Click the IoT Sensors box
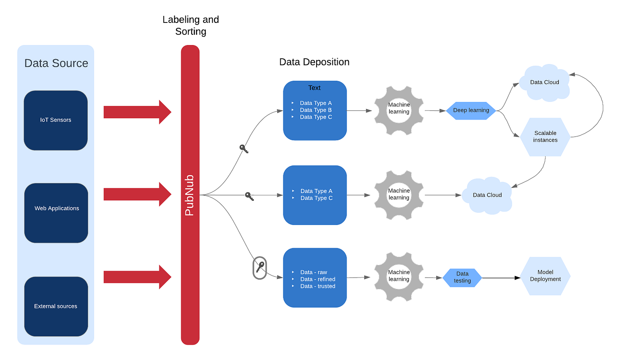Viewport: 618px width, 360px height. tap(56, 120)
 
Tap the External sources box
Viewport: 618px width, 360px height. tap(56, 306)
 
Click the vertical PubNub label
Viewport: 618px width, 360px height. tap(190, 195)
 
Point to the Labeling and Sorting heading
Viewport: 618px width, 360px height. tap(190, 25)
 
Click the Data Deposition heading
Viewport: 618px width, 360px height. tap(314, 62)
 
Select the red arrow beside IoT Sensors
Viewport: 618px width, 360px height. tap(137, 112)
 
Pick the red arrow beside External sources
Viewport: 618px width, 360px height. tap(137, 277)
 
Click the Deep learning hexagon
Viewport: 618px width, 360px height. tap(471, 110)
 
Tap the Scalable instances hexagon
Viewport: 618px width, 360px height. tap(545, 137)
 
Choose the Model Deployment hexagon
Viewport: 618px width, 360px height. tap(545, 276)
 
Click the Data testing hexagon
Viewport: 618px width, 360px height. tap(462, 277)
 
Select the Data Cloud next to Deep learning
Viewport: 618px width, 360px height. tap(544, 82)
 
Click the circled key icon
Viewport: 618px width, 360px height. tap(260, 267)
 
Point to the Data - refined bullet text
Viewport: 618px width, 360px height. tap(317, 279)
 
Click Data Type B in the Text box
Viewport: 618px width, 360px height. tap(316, 110)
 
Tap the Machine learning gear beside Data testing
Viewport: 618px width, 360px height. tap(399, 276)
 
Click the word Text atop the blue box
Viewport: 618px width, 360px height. tap(314, 88)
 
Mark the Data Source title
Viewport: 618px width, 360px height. tap(56, 63)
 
